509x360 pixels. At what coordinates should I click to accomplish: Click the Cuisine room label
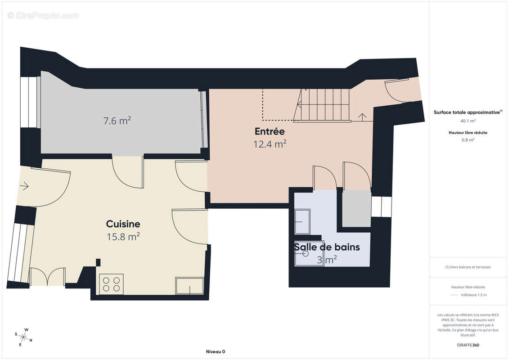tap(123, 224)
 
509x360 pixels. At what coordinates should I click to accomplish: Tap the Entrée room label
tap(270, 131)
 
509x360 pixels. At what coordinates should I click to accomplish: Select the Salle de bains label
tap(327, 247)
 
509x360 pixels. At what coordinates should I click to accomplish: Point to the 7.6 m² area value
tap(117, 121)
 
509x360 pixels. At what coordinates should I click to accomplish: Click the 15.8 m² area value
tap(123, 237)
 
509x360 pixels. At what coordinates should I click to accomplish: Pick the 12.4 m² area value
tap(270, 144)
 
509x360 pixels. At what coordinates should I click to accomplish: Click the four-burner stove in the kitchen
tap(111, 284)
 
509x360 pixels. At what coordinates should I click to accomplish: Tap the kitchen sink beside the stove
tap(190, 286)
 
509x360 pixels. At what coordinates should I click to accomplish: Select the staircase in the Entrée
tap(321, 105)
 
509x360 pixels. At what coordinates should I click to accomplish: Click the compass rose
tap(24, 337)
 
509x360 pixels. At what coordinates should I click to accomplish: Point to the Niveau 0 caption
tap(216, 351)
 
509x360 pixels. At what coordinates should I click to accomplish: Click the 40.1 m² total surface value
tap(468, 121)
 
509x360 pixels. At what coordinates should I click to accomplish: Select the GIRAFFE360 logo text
tap(468, 345)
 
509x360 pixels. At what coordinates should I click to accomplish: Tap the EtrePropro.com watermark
tap(43, 15)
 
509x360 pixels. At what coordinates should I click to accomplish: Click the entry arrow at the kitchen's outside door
tap(24, 186)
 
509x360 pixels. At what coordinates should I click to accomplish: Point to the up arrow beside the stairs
tap(362, 117)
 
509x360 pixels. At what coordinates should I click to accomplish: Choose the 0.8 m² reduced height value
tap(468, 140)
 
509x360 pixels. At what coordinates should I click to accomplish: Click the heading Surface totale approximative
tap(467, 112)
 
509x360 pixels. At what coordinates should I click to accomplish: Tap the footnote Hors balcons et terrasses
tap(468, 267)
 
